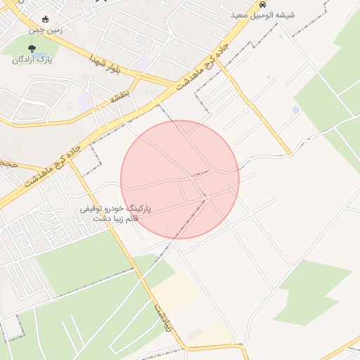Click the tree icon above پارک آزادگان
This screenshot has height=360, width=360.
[32, 48]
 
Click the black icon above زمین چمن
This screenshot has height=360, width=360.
[46, 19]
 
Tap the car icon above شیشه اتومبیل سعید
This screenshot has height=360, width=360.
[263, 4]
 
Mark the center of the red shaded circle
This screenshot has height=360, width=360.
[180, 179]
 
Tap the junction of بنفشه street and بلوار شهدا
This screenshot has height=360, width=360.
[135, 77]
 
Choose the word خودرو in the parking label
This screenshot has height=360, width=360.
[130, 210]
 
